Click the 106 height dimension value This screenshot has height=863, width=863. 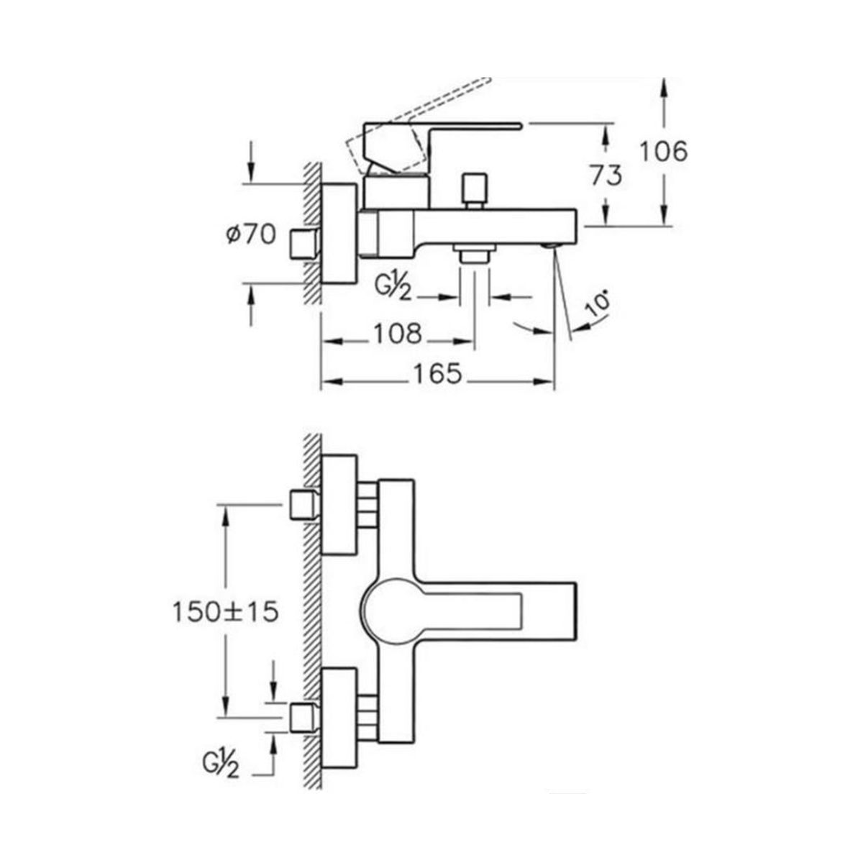pos(663,151)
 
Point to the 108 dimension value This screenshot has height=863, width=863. pos(398,334)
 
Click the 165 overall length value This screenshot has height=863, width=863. pos(437,374)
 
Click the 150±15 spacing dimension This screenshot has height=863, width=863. pos(225,612)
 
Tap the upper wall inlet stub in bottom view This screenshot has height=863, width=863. pos(304,505)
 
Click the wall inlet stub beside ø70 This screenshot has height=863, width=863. pos(304,245)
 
